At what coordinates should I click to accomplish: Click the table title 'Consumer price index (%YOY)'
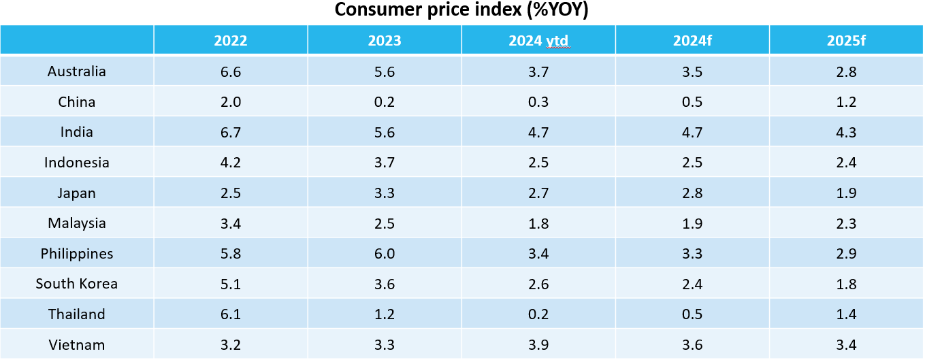point(461,11)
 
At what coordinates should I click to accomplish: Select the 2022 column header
point(231,41)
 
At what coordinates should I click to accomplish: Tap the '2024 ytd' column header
point(538,41)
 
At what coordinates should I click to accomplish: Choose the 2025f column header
point(846,41)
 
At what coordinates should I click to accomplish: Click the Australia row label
point(77,71)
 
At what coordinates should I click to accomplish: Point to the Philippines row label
point(77,254)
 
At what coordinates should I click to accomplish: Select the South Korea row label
point(77,284)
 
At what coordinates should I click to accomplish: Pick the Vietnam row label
point(77,345)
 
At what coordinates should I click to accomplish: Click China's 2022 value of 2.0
point(231,102)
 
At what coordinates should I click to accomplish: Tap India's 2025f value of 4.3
point(847,132)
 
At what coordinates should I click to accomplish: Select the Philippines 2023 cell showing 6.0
point(385,254)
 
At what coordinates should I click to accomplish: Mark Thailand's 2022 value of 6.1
point(231,314)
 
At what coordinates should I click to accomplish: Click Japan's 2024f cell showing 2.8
point(693,193)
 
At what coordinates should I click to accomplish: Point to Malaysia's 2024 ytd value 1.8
point(538,223)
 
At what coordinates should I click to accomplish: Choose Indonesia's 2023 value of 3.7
point(385,163)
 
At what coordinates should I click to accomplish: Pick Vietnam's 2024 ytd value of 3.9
point(538,345)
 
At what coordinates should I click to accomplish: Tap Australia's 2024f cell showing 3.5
point(693,71)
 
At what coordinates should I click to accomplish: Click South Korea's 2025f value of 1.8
point(847,284)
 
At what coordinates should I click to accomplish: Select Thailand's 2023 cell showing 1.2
point(385,314)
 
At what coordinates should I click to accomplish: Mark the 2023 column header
point(385,41)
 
